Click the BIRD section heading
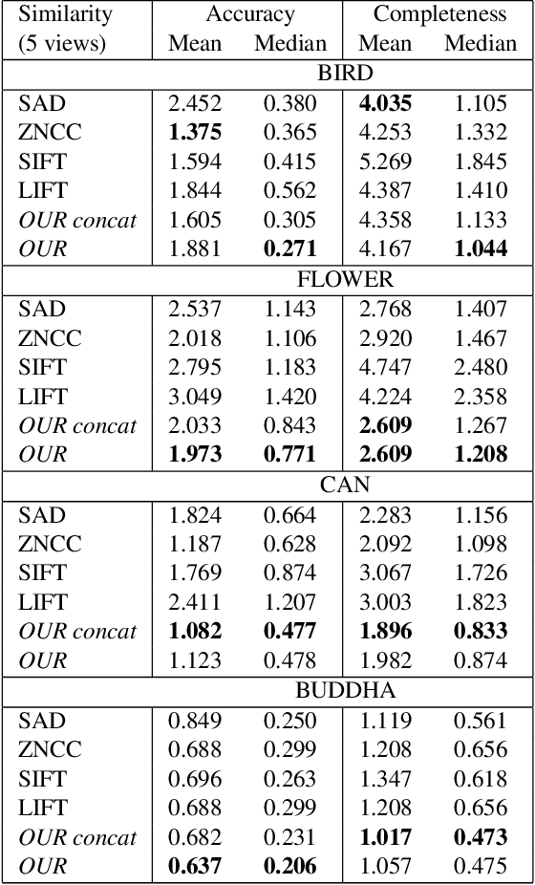(346, 74)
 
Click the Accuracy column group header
(250, 14)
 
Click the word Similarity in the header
(65, 14)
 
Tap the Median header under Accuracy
(290, 44)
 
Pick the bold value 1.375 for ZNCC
(195, 132)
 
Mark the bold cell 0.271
(290, 249)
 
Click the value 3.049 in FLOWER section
(195, 397)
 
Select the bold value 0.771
(290, 455)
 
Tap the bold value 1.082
(195, 632)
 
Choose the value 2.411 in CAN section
(195, 602)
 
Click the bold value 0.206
(290, 867)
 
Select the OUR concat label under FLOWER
(77, 426)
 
